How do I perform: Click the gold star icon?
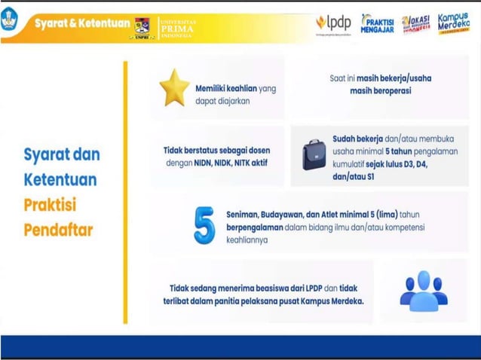pos(174,87)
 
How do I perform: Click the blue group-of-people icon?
pos(423,291)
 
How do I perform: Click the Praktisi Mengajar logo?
pos(377,24)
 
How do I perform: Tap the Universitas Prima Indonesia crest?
pos(142,26)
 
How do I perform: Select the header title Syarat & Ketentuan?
pos(82,23)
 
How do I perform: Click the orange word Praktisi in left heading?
pos(51,205)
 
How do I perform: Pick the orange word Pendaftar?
pos(58,230)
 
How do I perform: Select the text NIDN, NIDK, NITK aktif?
pos(231,162)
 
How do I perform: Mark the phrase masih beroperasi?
pos(380,91)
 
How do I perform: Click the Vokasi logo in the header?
pos(415,23)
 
